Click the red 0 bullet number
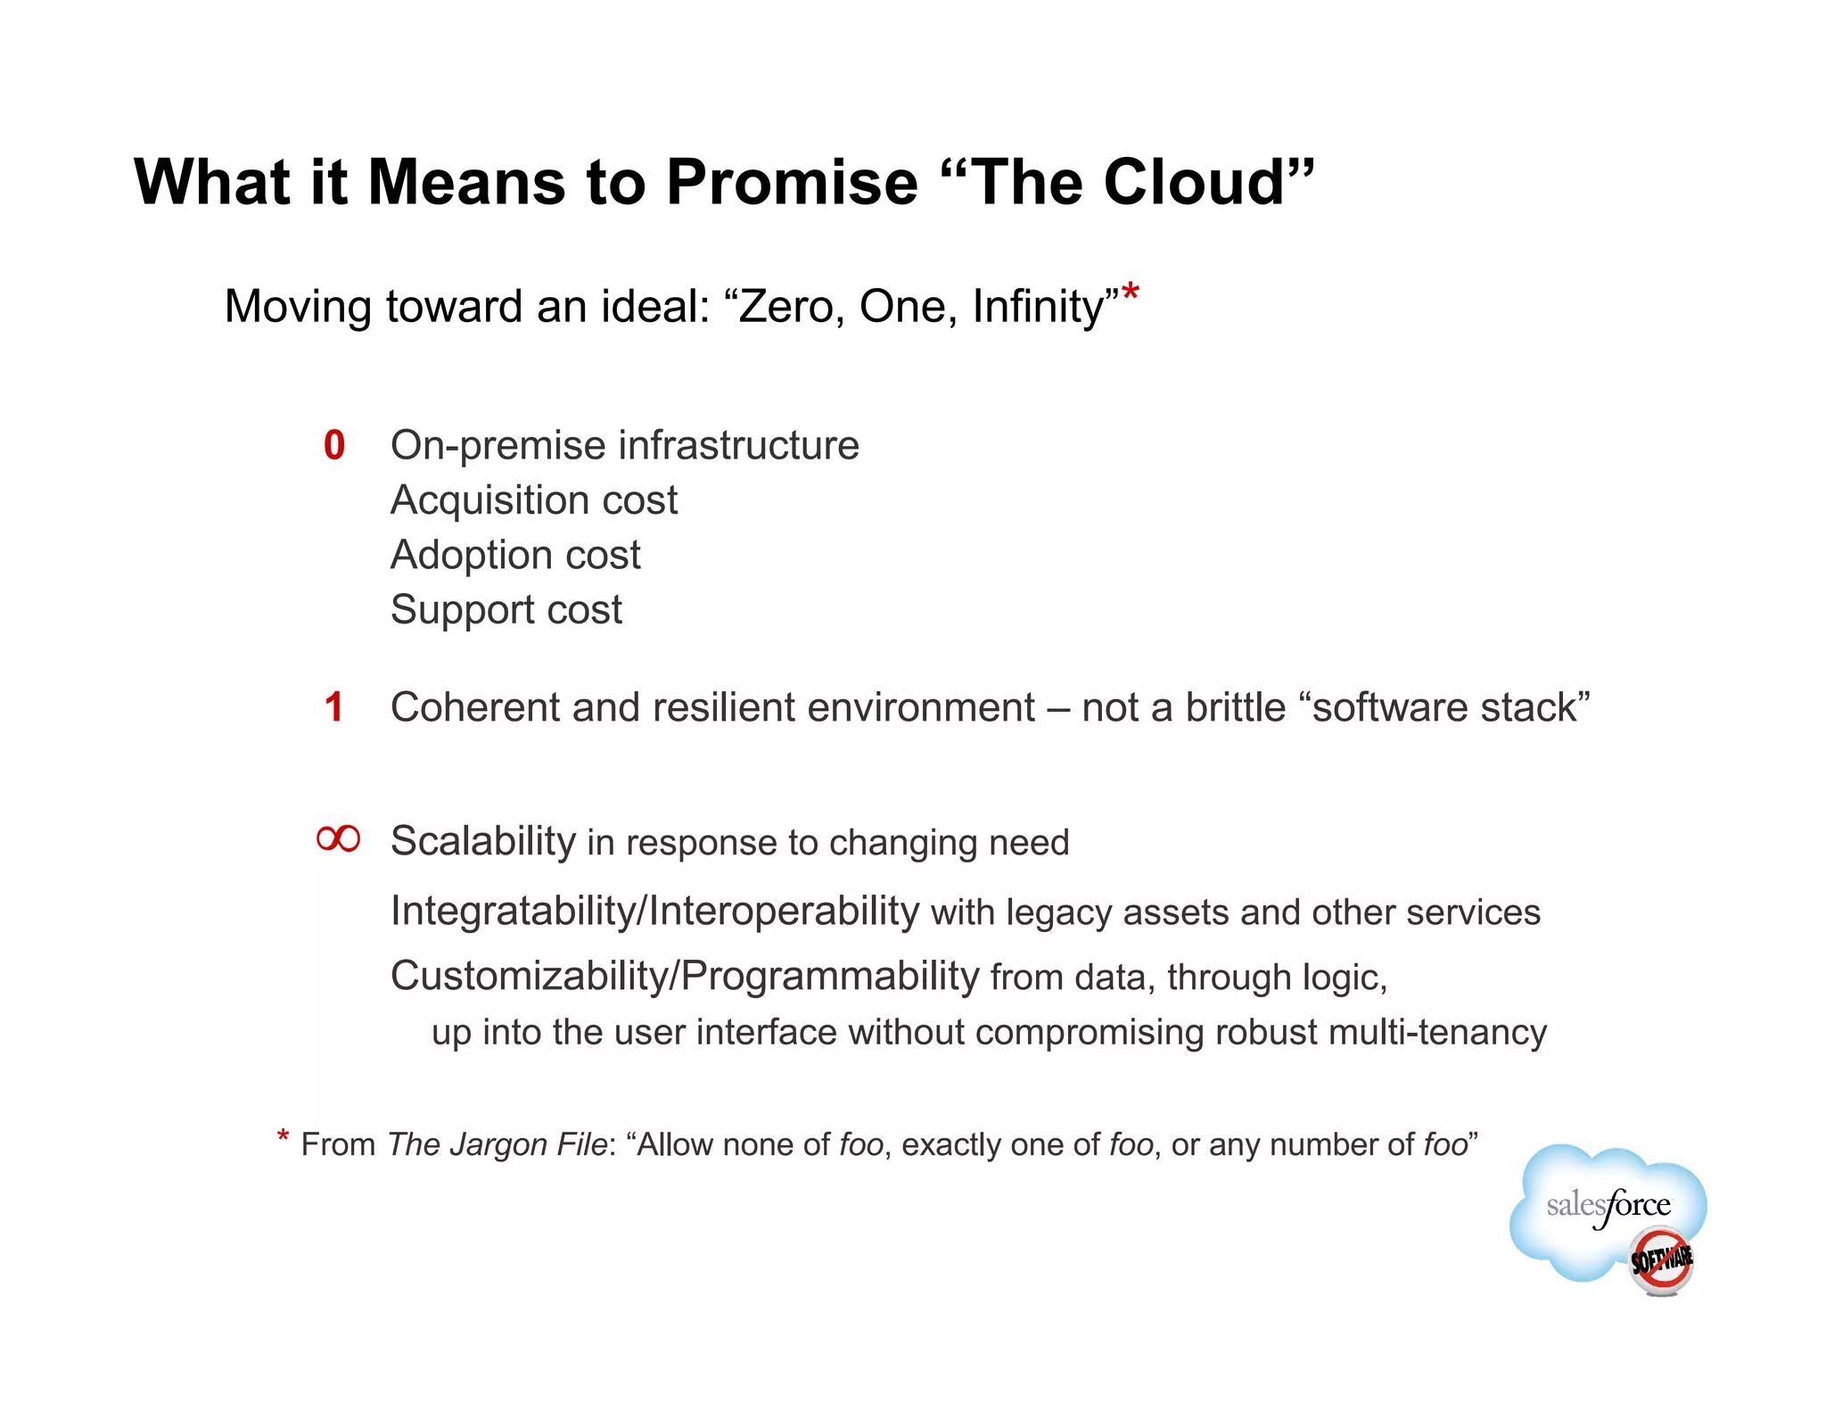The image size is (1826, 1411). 334,446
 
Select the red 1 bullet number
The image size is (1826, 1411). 334,707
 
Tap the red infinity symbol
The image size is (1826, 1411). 339,838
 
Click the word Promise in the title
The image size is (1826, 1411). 792,183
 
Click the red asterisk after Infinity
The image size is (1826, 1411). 1131,293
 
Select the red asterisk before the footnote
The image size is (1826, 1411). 283,1137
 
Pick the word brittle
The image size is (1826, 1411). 1235,707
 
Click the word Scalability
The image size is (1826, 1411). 483,841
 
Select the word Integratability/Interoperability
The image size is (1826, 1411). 654,912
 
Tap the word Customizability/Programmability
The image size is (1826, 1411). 685,976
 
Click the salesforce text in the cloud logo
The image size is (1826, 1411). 1608,1206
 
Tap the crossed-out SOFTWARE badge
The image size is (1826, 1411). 1661,1260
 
